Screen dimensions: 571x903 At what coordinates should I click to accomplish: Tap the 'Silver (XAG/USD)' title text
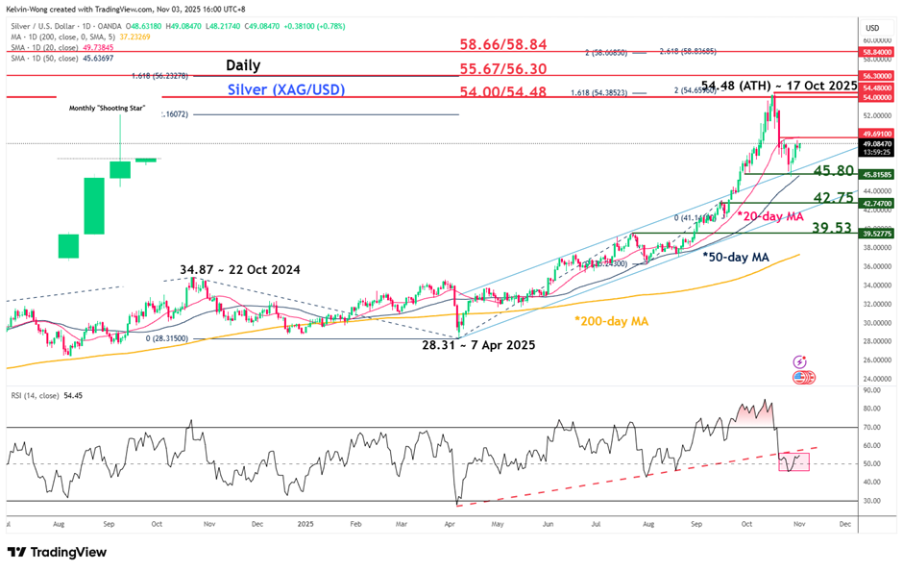click(286, 89)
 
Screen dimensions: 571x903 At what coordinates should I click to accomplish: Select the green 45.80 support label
click(833, 170)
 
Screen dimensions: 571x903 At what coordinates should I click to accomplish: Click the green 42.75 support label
click(833, 197)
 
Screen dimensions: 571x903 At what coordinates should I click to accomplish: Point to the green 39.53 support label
click(833, 227)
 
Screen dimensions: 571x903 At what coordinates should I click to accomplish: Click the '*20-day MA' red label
click(771, 217)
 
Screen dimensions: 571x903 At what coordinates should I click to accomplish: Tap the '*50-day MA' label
click(737, 258)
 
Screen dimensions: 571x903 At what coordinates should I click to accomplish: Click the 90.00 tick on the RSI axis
click(872, 390)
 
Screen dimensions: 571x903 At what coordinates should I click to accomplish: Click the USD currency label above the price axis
click(872, 28)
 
